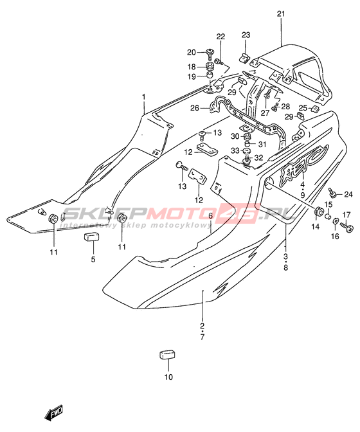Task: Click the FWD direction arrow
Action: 54,413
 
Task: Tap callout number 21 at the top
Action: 281,14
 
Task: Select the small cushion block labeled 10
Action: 168,355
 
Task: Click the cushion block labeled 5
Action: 92,237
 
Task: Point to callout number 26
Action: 194,108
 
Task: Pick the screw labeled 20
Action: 210,52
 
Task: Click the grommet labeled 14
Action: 318,212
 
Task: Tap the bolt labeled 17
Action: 346,227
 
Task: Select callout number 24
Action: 348,195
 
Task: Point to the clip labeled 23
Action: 244,59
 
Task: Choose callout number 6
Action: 210,216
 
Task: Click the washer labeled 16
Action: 336,221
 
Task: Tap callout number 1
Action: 143,97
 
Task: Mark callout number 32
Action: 259,157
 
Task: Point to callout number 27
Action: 265,113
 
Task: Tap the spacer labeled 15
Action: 328,215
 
